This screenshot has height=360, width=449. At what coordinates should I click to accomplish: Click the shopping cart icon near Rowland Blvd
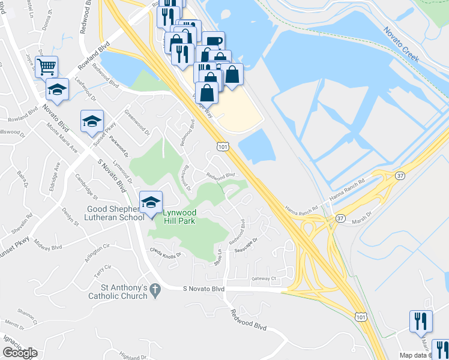(x=46, y=66)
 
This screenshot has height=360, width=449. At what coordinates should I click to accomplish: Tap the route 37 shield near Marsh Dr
(x=340, y=218)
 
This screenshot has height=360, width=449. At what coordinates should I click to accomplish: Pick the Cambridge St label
(x=86, y=186)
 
